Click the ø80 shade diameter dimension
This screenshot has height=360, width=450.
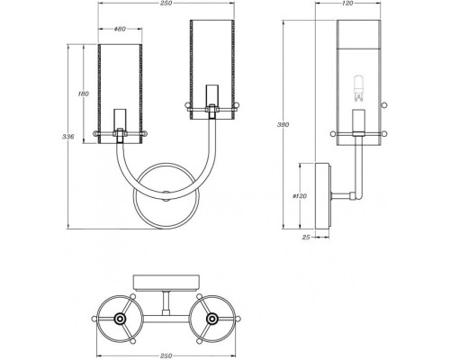(x=121, y=30)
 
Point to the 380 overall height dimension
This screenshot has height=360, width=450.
(x=282, y=124)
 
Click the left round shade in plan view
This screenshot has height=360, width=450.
(x=120, y=319)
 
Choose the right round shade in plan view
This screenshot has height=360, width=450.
(x=212, y=319)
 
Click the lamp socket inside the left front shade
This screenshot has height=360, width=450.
(x=120, y=122)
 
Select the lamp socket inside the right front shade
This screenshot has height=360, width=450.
(x=212, y=99)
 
